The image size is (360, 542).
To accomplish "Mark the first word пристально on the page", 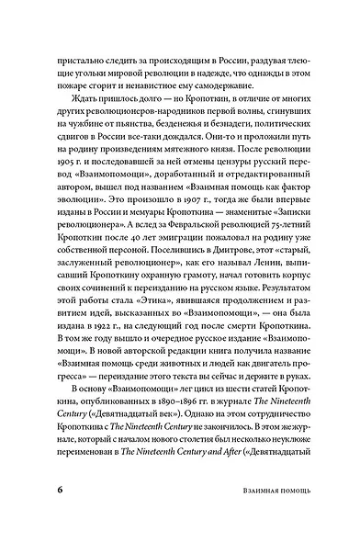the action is point(85,66).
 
